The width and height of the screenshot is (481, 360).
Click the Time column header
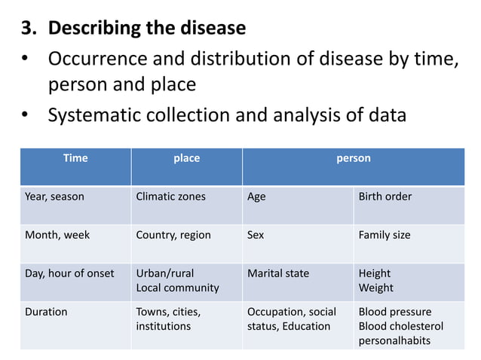[x=75, y=158]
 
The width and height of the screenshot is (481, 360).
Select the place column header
[x=186, y=158]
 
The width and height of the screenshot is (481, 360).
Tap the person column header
[x=353, y=158]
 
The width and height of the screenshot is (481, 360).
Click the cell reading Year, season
[x=54, y=197]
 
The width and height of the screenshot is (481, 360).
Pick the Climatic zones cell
[x=170, y=197]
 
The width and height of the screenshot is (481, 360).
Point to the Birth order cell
[x=384, y=197]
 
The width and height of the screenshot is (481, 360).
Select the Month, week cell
[x=57, y=235]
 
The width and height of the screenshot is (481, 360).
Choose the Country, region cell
[x=173, y=235]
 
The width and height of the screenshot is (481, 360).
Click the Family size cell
[x=384, y=235]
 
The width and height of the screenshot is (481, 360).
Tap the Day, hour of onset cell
[x=69, y=273]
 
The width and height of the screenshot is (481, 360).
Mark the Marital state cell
[x=278, y=273]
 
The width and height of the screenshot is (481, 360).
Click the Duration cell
[x=46, y=312]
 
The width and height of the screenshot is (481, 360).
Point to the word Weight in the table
[x=375, y=288]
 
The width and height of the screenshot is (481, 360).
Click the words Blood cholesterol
[x=400, y=326]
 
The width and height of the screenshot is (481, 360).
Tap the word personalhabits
[x=394, y=340]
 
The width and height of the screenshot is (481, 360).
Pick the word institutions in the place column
[x=163, y=326]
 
